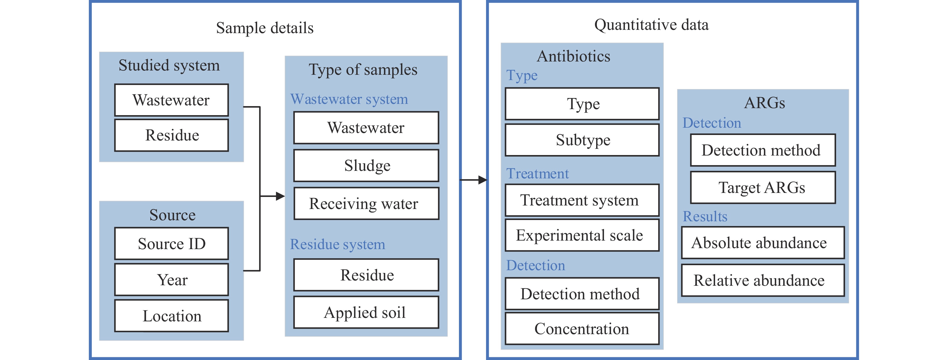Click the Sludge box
(x=366, y=166)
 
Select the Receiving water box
(x=366, y=203)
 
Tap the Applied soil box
(x=366, y=312)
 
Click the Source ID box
(x=172, y=244)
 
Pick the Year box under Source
(x=172, y=280)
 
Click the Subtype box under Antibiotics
(x=582, y=140)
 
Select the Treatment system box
(x=582, y=200)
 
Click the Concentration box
(x=582, y=329)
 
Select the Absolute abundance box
(x=763, y=243)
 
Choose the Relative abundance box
(x=763, y=280)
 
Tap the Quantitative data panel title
(x=651, y=25)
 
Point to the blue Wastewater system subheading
(x=349, y=99)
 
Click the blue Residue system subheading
(x=338, y=244)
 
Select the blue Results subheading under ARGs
(x=705, y=217)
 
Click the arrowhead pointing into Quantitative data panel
(x=483, y=180)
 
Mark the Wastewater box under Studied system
(x=172, y=100)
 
